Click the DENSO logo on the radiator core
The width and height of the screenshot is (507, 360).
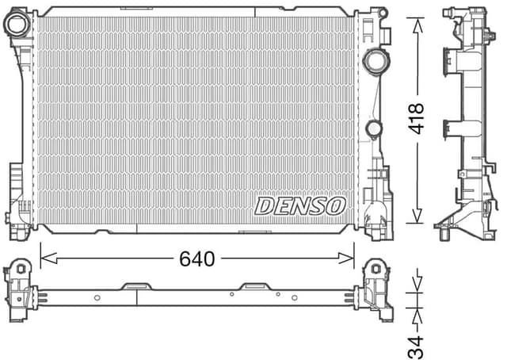299,205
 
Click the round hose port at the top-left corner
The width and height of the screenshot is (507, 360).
17,24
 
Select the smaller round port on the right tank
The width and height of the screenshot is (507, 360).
373,128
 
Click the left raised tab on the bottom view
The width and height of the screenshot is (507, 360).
134,285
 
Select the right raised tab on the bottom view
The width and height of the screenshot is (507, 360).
256,285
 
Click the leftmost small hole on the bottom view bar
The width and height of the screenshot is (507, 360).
97,298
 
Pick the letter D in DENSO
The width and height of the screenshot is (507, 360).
264,206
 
